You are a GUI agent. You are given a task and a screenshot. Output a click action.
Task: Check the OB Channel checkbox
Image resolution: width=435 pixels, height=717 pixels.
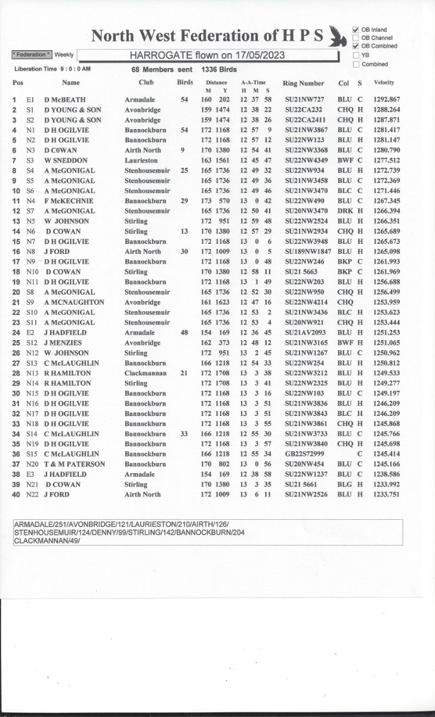pyautogui.click(x=356, y=38)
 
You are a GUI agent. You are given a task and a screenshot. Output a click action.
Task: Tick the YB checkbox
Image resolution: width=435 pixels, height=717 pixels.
pyautogui.click(x=356, y=55)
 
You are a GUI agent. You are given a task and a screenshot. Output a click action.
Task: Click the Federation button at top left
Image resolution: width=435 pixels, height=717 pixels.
pyautogui.click(x=32, y=55)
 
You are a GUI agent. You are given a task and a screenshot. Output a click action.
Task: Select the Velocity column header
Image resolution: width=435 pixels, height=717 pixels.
pyautogui.click(x=384, y=82)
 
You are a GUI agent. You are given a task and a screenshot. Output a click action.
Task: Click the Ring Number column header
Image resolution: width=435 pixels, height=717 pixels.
pyautogui.click(x=304, y=84)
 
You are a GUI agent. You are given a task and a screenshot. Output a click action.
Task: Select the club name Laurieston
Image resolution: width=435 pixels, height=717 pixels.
pyautogui.click(x=142, y=161)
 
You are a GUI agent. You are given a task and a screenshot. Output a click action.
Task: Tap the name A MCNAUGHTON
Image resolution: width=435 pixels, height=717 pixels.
pyautogui.click(x=74, y=302)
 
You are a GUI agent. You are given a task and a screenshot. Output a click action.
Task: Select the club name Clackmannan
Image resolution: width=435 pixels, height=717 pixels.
pyautogui.click(x=144, y=373)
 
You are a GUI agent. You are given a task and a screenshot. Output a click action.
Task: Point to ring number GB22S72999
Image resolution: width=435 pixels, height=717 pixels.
pyautogui.click(x=306, y=454)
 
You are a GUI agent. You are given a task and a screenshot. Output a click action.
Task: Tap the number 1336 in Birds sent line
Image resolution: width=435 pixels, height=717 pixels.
pyautogui.click(x=210, y=69)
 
